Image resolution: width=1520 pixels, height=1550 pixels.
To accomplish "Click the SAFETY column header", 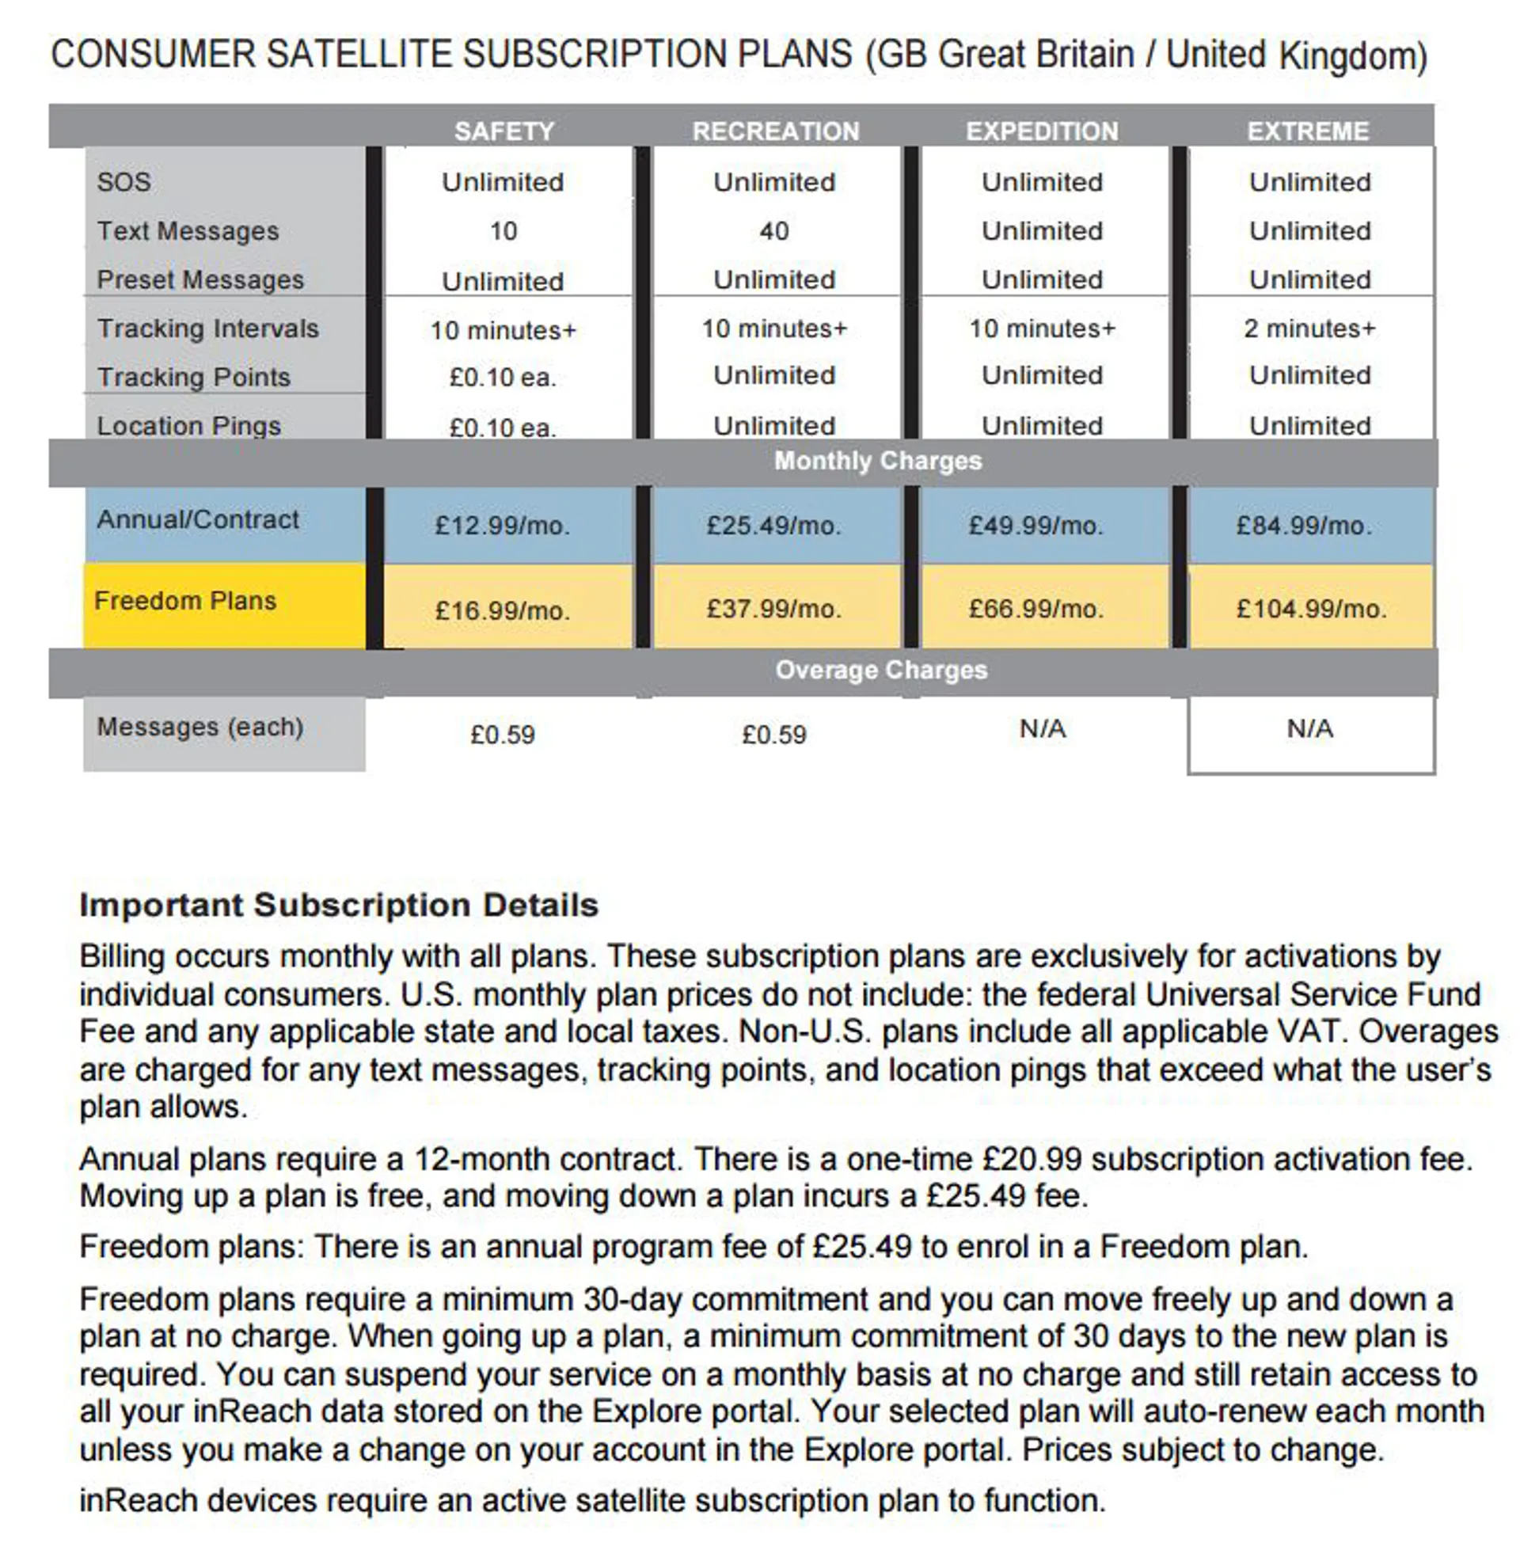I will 503,131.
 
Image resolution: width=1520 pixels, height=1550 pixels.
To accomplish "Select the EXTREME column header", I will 1308,131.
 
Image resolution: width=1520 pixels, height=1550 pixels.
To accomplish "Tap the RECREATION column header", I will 775,131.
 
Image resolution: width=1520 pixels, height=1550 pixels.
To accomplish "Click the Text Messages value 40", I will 773,231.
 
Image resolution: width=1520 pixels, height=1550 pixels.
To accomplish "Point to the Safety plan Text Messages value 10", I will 503,231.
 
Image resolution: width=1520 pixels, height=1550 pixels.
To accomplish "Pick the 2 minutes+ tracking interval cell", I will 1309,328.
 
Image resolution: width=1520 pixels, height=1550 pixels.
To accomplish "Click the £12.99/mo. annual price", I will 502,525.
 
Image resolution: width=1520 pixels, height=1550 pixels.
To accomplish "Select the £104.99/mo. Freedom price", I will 1311,610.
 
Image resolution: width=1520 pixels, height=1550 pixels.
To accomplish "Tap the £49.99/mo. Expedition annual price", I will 1035,525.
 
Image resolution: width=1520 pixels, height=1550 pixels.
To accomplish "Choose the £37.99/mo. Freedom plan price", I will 773,610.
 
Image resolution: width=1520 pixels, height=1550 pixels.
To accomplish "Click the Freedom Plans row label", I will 185,601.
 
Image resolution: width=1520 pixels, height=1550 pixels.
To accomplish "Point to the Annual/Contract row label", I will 197,519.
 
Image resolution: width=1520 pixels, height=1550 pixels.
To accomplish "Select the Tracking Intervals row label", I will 207,329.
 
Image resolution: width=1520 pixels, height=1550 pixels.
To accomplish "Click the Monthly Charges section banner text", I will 877,462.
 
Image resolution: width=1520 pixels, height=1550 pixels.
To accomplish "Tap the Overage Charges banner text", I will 880,671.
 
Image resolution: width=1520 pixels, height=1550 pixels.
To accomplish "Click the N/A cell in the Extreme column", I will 1309,729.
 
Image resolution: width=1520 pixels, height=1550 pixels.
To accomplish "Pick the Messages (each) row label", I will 199,728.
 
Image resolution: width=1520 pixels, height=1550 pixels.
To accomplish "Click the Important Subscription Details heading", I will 339,905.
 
